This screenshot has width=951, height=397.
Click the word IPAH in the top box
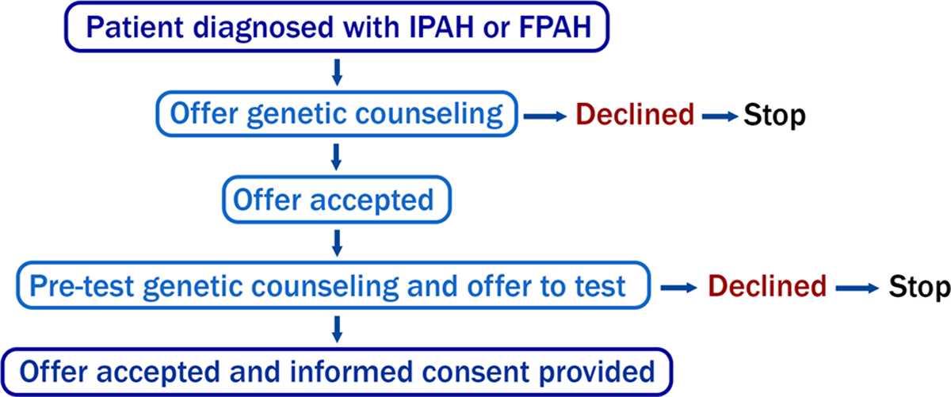(x=441, y=27)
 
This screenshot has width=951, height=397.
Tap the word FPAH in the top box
(x=555, y=27)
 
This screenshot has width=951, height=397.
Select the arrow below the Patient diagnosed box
(x=337, y=72)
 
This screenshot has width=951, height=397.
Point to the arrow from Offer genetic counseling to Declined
(x=545, y=116)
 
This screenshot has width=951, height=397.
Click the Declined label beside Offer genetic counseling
(x=635, y=115)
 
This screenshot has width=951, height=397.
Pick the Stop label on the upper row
(x=774, y=115)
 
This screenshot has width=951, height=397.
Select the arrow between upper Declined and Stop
(x=720, y=116)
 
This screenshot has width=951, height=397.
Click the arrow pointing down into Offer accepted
(x=337, y=157)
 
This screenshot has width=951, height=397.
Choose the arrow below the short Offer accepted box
(x=337, y=243)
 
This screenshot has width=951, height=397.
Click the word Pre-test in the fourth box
(x=82, y=286)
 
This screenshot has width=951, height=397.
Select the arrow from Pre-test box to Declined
(x=679, y=288)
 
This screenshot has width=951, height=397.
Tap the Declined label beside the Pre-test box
(x=767, y=286)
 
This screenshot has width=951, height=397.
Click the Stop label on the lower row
(x=919, y=287)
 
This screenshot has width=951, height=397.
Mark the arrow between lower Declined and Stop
(x=857, y=288)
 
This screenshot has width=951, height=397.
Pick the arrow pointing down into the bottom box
(x=337, y=329)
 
